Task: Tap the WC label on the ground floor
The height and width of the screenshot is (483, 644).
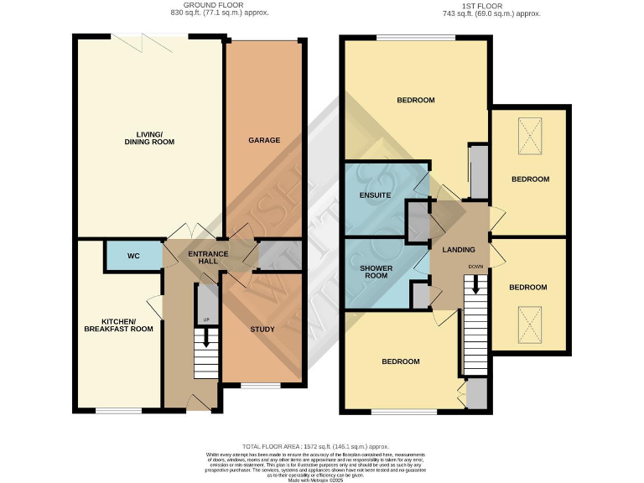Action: tap(133, 256)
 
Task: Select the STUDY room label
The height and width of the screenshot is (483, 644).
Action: tap(262, 329)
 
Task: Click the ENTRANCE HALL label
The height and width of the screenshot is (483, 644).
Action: tap(203, 257)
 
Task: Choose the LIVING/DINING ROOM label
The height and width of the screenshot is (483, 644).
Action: tap(149, 138)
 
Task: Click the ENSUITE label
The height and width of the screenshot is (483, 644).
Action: tap(376, 195)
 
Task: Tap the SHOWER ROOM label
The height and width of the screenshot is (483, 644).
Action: tap(377, 273)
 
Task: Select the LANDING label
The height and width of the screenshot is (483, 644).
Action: tap(459, 250)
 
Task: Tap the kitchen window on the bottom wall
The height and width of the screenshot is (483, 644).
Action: tap(118, 410)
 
